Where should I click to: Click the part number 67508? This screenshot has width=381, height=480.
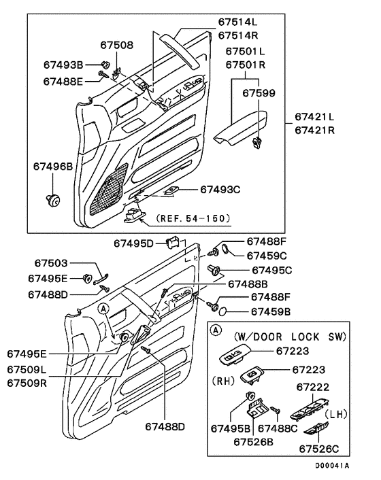[x=117, y=46]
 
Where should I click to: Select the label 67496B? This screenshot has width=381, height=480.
[x=53, y=166]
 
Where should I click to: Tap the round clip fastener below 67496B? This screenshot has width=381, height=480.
[x=52, y=200]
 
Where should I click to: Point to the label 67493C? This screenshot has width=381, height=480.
[x=220, y=190]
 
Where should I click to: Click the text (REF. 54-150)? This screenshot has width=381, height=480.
[x=193, y=218]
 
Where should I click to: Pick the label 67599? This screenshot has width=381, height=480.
[x=259, y=93]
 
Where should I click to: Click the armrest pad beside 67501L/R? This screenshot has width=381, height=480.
[x=241, y=128]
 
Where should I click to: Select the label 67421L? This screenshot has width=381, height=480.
[x=314, y=117]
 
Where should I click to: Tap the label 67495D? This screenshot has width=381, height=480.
[x=133, y=243]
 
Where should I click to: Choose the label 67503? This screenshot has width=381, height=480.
[x=51, y=263]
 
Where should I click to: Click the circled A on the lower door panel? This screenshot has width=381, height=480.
[x=103, y=309]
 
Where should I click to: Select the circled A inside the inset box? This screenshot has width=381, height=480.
[x=216, y=330]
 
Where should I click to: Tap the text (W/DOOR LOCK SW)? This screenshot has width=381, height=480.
[x=290, y=337]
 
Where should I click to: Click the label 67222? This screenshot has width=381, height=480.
[x=313, y=388]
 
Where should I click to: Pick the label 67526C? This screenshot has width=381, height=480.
[x=319, y=449]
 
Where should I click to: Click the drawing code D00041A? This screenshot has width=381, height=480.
[x=332, y=466]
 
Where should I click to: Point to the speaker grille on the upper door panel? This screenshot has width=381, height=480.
[x=109, y=189]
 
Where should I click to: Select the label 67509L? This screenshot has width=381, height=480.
[x=27, y=369]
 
